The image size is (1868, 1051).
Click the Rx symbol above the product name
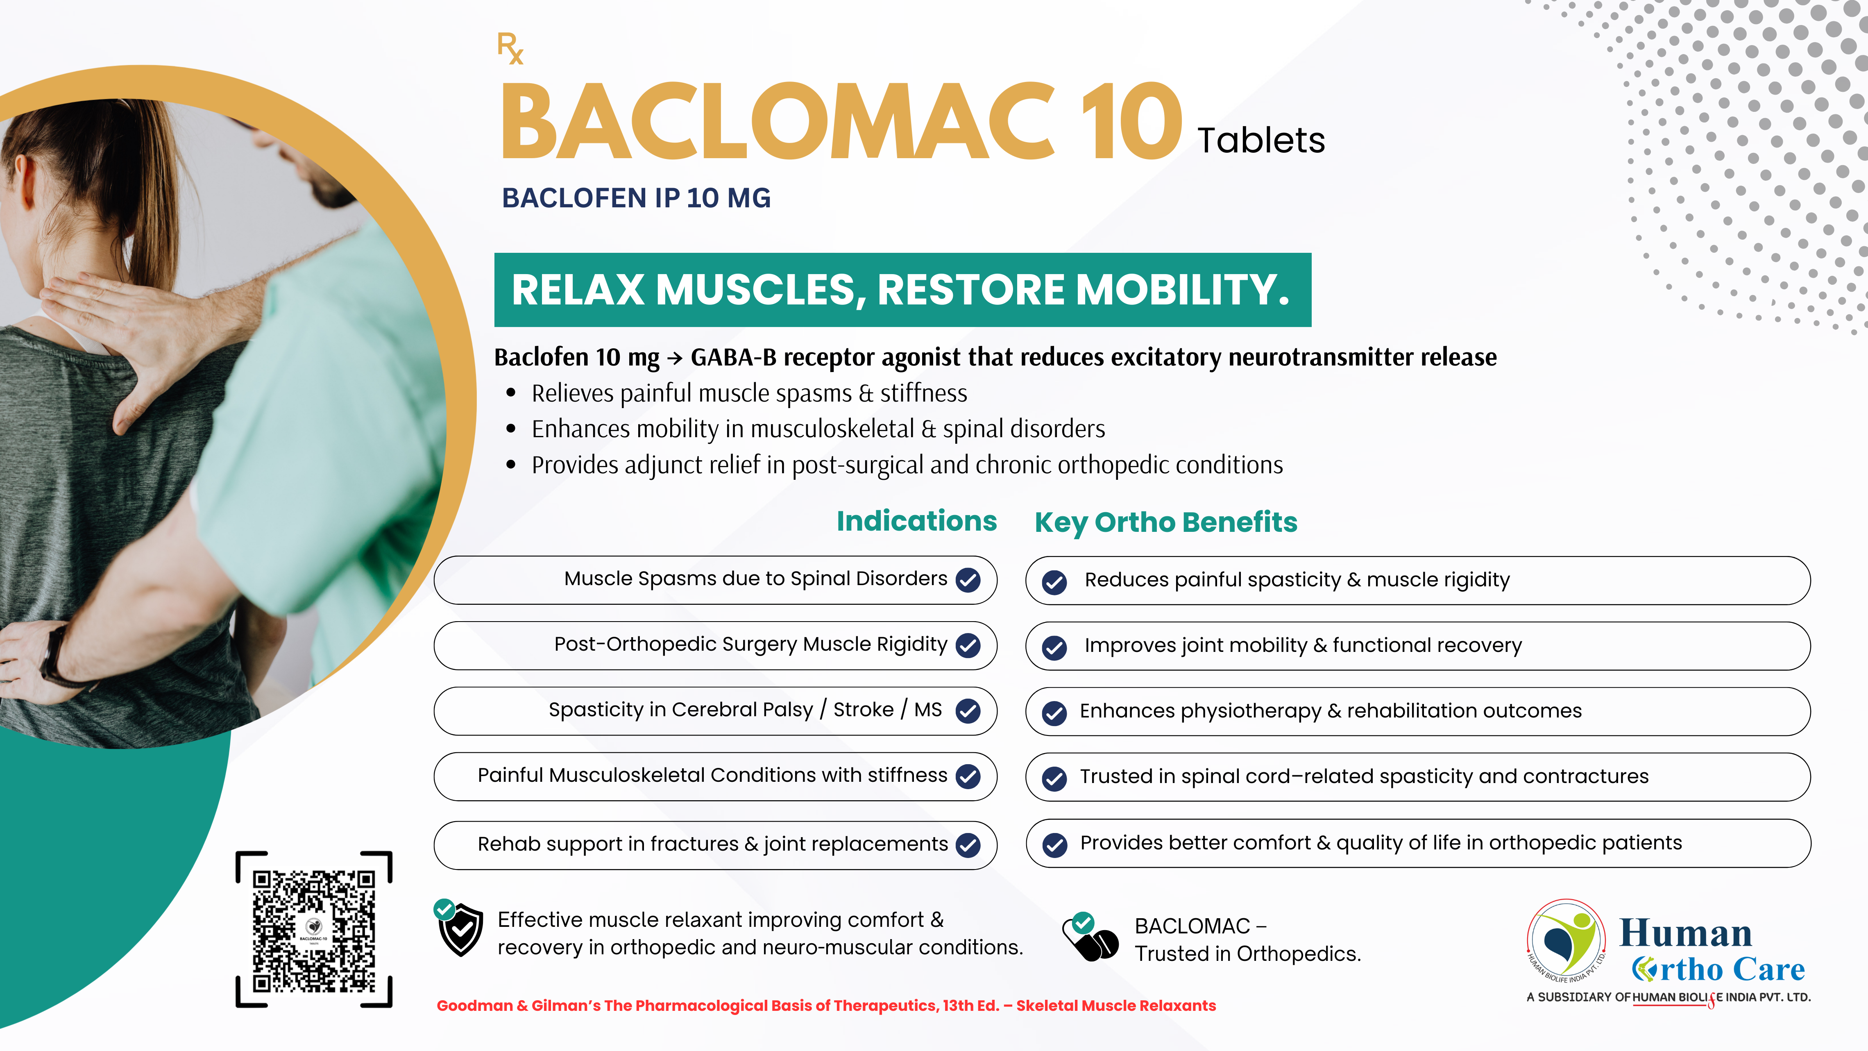coord(510,49)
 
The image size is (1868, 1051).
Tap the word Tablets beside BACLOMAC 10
coord(1261,140)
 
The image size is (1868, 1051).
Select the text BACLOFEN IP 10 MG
coord(636,198)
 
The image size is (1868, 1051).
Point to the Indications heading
coord(917,521)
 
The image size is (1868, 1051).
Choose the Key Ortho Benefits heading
coord(1165,522)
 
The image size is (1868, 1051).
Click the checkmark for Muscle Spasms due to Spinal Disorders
coord(968,579)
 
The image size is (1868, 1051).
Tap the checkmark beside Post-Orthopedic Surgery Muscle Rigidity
coord(968,645)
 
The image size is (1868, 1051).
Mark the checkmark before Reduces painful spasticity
coord(1054,582)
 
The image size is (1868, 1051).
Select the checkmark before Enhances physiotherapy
coord(1054,713)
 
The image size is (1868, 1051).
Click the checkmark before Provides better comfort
coord(1054,844)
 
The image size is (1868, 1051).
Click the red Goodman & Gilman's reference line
coord(826,1005)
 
